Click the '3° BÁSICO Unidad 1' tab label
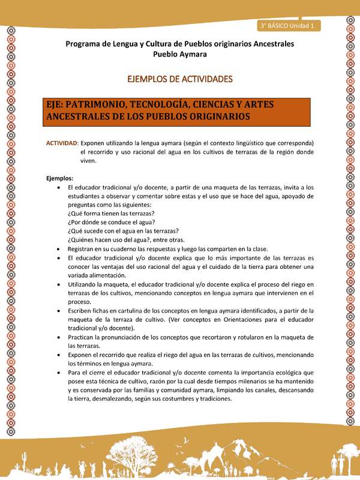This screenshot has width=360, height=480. [290, 26]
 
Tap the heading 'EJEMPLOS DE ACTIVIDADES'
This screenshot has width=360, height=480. [179, 79]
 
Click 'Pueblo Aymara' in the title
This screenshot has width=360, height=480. [179, 54]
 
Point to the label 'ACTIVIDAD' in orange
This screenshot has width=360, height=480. [62, 143]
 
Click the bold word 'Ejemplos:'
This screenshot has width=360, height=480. [60, 178]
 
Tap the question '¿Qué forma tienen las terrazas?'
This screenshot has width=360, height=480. [112, 213]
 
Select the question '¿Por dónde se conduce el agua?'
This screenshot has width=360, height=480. [112, 222]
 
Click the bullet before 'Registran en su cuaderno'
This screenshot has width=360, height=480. [58, 248]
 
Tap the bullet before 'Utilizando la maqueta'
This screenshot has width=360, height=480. [58, 284]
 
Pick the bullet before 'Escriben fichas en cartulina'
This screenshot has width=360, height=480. [58, 311]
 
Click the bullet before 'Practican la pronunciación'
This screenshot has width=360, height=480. [58, 337]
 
